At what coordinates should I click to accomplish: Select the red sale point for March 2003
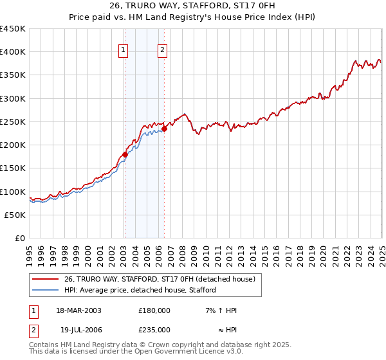tap(125, 154)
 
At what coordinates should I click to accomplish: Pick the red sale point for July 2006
tap(164, 129)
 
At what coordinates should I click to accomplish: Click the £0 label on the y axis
tap(20, 238)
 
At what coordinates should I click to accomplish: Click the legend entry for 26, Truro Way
tap(160, 278)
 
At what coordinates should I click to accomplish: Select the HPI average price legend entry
tap(140, 290)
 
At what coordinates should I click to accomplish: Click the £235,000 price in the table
tap(154, 329)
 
